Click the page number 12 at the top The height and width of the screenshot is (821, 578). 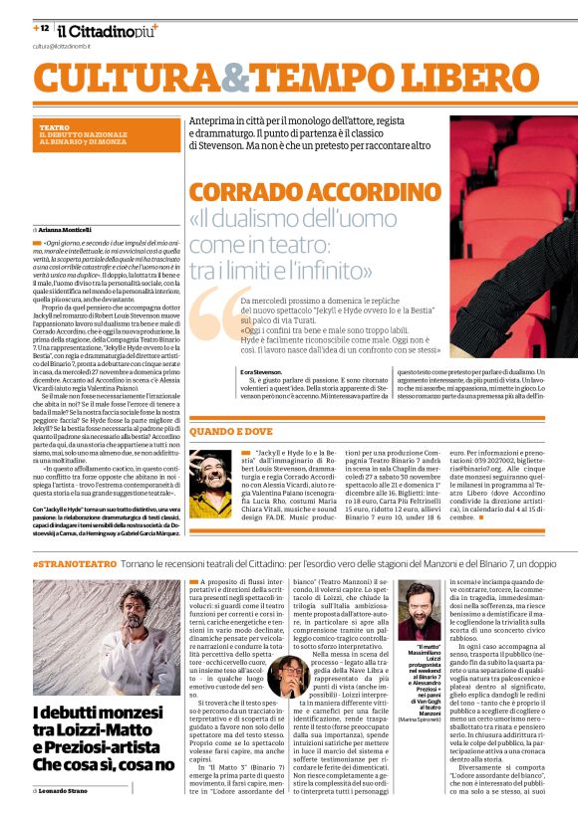(44, 28)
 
